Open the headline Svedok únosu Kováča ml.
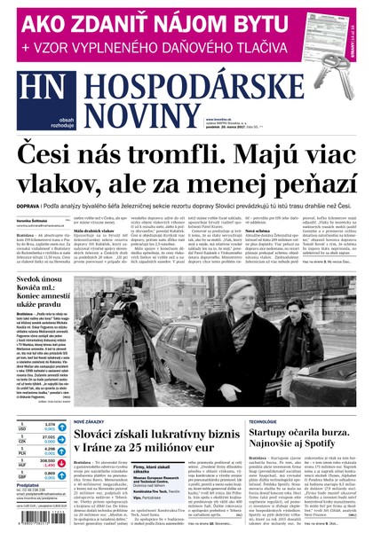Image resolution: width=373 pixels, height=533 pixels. tap(40, 294)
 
